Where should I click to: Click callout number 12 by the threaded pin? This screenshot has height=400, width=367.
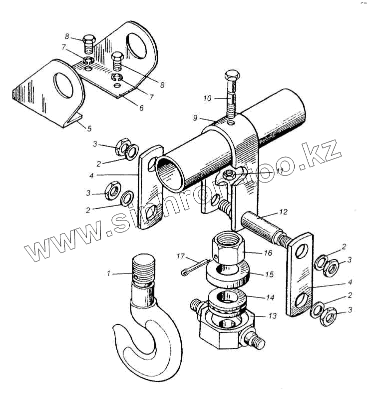[283, 212]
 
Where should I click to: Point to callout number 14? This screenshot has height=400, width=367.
[270, 297]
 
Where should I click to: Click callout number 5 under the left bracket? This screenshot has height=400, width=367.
[89, 129]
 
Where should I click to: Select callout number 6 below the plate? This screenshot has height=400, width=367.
[141, 107]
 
